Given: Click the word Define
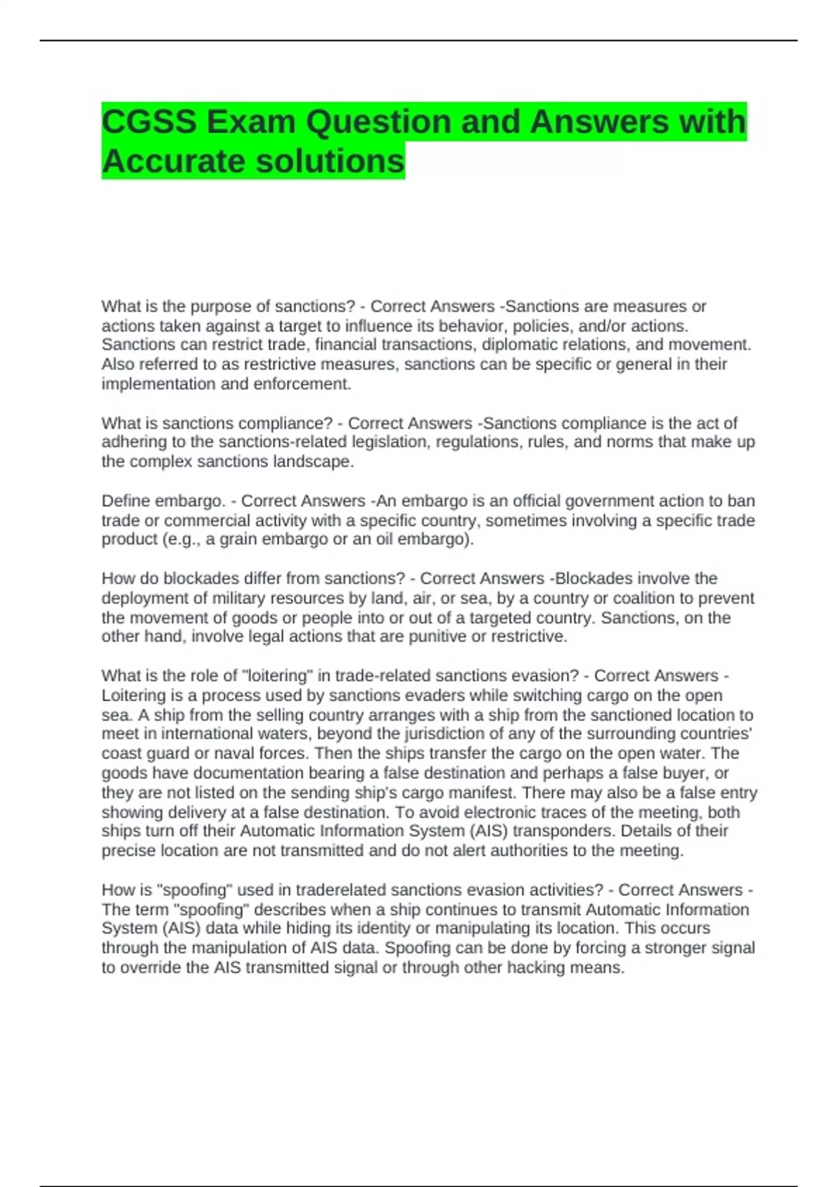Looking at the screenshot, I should pyautogui.click(x=126, y=501).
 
